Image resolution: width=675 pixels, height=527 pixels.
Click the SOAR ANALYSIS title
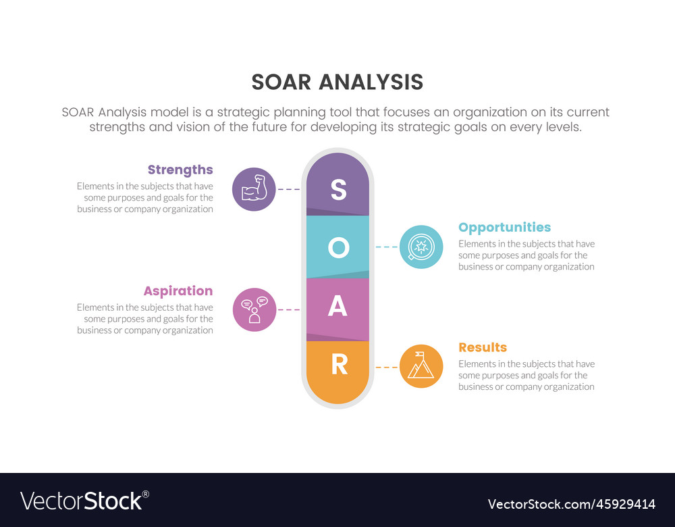click(x=337, y=82)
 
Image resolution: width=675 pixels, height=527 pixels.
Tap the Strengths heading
click(x=180, y=170)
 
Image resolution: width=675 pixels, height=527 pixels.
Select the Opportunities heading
click(x=504, y=227)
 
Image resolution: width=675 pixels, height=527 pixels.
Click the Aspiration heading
click(x=178, y=291)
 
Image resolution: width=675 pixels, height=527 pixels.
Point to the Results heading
click(x=482, y=347)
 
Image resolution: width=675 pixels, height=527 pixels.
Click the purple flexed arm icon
click(x=254, y=189)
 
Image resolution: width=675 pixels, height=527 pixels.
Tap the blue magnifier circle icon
click(x=421, y=247)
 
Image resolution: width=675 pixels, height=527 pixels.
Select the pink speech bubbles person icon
click(x=254, y=309)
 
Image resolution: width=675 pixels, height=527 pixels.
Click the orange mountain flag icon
click(x=421, y=366)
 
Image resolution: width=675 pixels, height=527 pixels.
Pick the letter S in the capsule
click(x=338, y=191)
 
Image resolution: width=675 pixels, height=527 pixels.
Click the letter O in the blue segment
click(x=338, y=248)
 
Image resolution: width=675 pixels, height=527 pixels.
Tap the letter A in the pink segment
click(x=337, y=307)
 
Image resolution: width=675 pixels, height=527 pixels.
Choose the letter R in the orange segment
click(x=339, y=365)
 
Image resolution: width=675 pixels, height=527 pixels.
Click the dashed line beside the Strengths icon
click(x=288, y=189)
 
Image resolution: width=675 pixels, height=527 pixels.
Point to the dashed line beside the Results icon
click(x=387, y=367)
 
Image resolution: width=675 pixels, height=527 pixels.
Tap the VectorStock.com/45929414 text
click(x=571, y=504)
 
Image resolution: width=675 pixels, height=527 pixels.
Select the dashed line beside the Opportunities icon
click(x=387, y=247)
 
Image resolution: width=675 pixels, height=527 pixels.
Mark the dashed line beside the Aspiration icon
click(x=288, y=309)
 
